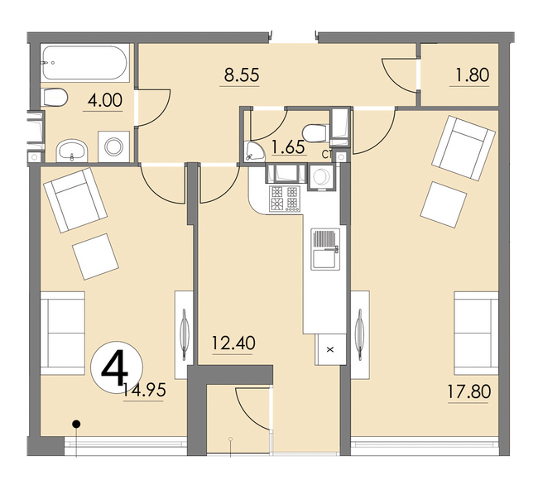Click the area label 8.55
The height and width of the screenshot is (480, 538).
(x=241, y=75)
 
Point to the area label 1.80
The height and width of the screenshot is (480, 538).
(x=472, y=75)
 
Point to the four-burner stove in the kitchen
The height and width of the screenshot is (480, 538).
(x=283, y=197)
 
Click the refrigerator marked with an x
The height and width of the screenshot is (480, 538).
(x=329, y=348)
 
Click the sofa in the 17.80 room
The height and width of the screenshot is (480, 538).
(x=476, y=332)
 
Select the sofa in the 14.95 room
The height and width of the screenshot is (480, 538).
(x=62, y=332)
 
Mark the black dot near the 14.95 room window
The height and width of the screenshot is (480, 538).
(x=75, y=425)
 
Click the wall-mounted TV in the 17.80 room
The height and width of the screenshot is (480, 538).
(x=359, y=330)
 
